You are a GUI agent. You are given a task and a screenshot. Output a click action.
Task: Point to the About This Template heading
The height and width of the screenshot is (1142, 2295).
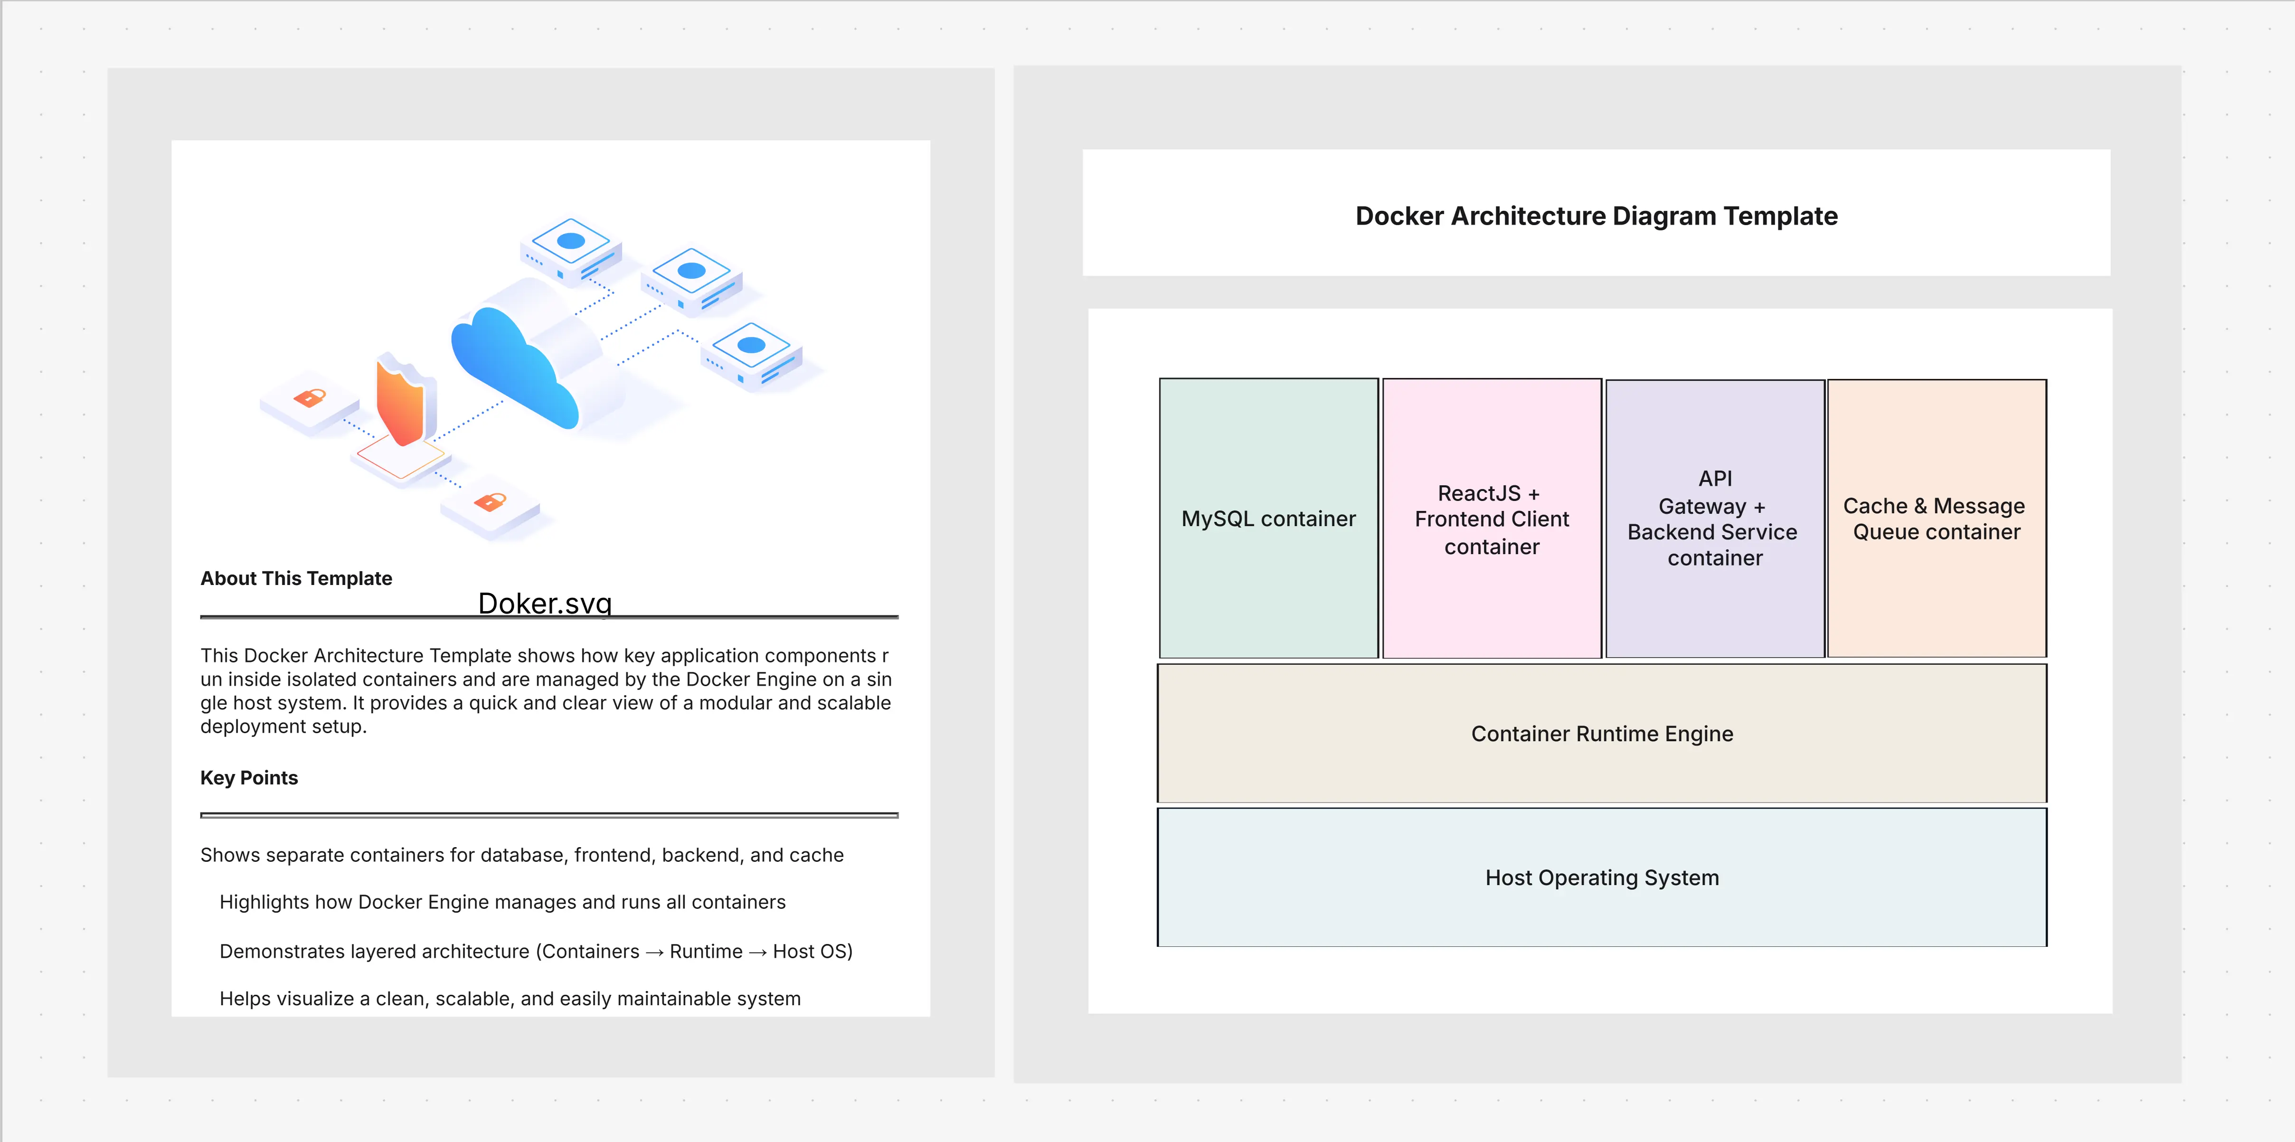click(x=296, y=578)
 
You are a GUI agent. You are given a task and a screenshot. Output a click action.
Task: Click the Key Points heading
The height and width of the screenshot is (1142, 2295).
click(x=248, y=778)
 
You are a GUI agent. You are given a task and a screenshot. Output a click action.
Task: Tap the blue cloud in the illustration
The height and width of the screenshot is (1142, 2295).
click(x=512, y=365)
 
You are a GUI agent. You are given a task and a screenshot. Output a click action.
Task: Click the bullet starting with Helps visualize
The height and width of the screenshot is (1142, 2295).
click(x=510, y=999)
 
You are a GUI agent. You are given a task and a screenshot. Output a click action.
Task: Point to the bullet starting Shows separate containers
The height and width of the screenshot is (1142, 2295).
click(x=521, y=855)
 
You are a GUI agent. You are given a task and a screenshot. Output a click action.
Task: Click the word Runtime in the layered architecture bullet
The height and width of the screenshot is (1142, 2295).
click(x=706, y=952)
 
